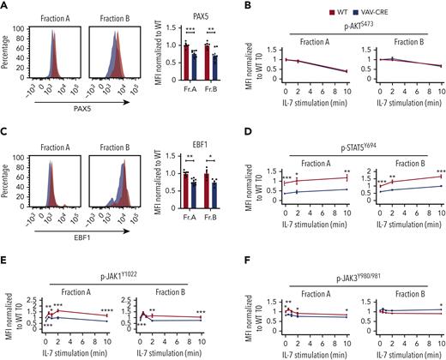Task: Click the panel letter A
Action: coord(6,7)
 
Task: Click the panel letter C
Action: coord(6,130)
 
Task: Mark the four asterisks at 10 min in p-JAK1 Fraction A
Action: coord(107,310)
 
